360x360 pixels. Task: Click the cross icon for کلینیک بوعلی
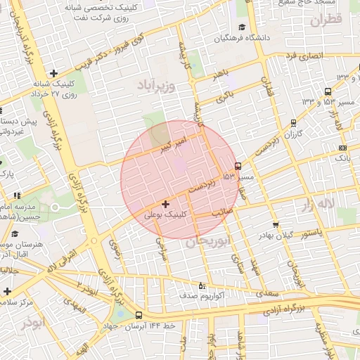pyautogui.click(x=165, y=204)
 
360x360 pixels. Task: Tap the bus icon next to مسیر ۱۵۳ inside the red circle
pyautogui.click(x=238, y=167)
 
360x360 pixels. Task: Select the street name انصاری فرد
pyautogui.click(x=312, y=55)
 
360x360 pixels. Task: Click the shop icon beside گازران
pyautogui.click(x=292, y=122)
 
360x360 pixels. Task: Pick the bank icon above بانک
pyautogui.click(x=342, y=148)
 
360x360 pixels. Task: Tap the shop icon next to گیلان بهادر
pyautogui.click(x=276, y=225)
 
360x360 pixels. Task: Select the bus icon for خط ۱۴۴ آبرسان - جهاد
pyautogui.click(x=139, y=316)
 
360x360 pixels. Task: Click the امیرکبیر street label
pyautogui.click(x=172, y=146)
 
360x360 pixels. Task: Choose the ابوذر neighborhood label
pyautogui.click(x=32, y=323)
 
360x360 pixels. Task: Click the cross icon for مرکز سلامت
pyautogui.click(x=7, y=291)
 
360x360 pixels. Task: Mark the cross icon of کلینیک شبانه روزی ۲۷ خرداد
pyautogui.click(x=53, y=73)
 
